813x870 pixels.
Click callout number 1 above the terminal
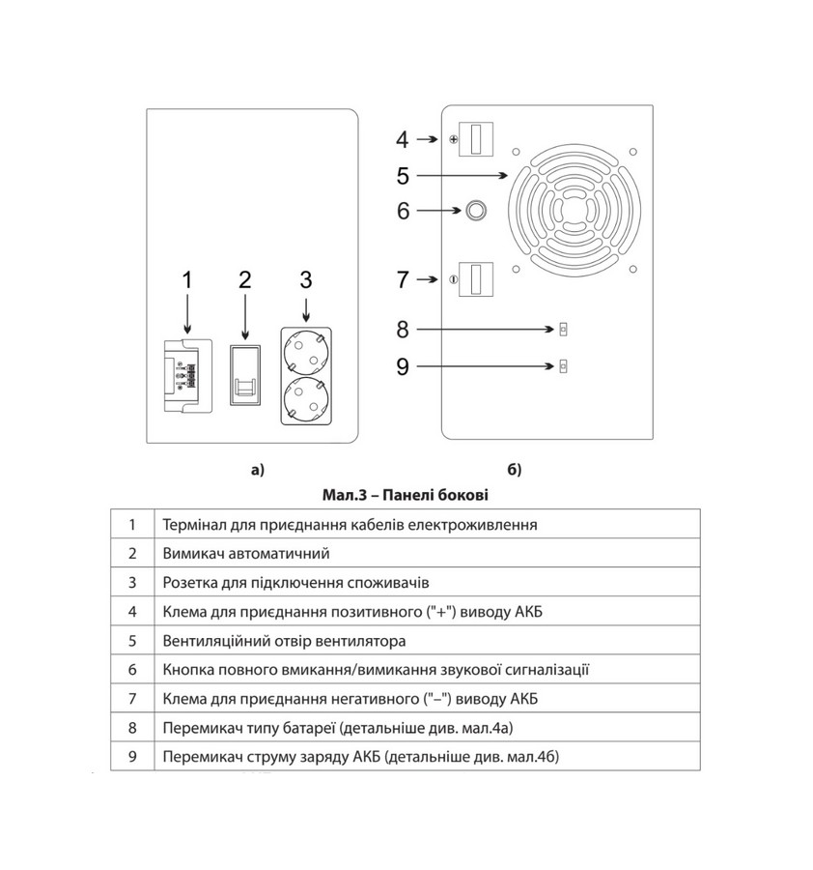(x=188, y=280)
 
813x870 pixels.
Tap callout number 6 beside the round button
(x=403, y=210)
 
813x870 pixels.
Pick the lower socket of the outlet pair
(x=306, y=397)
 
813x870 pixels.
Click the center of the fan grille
(x=576, y=210)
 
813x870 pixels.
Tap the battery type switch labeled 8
(x=564, y=330)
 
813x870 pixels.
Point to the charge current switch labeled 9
(x=564, y=365)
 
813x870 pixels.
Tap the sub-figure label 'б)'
(x=514, y=471)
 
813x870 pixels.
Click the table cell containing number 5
(x=131, y=640)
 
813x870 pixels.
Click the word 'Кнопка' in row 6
(x=191, y=669)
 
